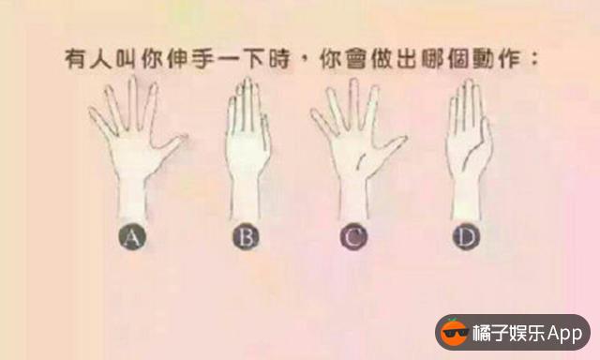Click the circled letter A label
click(132, 237)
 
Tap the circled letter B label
click(246, 237)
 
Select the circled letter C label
click(353, 237)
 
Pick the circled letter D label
click(466, 237)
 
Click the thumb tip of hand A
click(185, 136)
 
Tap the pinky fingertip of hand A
click(92, 111)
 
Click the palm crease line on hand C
click(361, 160)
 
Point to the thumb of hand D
click(483, 142)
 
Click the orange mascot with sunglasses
click(454, 332)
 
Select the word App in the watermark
click(564, 334)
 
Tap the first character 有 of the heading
click(75, 59)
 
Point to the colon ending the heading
click(535, 59)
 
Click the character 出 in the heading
click(406, 59)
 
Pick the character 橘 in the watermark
click(481, 333)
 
